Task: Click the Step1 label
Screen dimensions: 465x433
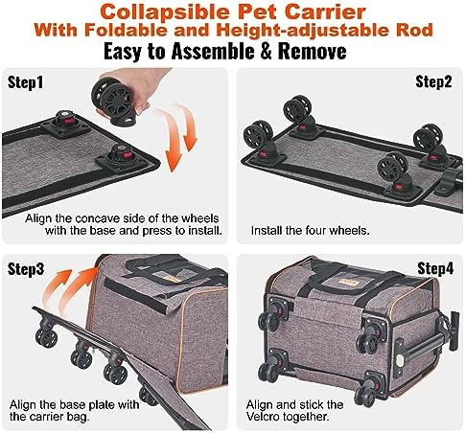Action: pos(25,82)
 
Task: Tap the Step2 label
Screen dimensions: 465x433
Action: pos(433,81)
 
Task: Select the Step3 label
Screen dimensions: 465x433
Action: pos(26,269)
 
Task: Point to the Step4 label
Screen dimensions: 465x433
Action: pos(435,268)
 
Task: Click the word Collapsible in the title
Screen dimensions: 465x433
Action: pos(165,11)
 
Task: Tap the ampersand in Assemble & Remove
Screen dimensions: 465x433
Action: pos(266,51)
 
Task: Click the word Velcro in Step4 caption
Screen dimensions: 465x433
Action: pos(262,417)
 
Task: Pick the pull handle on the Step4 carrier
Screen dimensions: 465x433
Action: pos(453,330)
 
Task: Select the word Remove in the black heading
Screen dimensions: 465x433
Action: pos(312,51)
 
